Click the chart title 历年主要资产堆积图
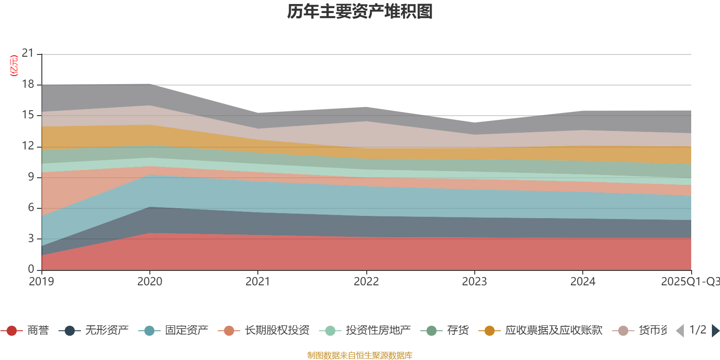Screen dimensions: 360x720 click(360, 12)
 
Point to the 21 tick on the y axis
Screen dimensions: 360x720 click(28, 54)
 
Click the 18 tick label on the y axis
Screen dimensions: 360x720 click(28, 84)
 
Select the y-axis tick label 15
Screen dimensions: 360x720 click(28, 115)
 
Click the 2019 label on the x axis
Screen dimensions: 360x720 click(41, 282)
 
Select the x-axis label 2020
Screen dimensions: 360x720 click(149, 282)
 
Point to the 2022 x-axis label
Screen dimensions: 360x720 click(366, 282)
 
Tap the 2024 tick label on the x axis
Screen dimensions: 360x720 click(583, 282)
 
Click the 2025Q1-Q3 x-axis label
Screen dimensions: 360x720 click(689, 282)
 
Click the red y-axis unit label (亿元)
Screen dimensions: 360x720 click(14, 66)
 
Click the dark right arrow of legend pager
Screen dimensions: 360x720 click(715, 331)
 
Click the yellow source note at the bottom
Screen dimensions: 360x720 click(360, 355)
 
